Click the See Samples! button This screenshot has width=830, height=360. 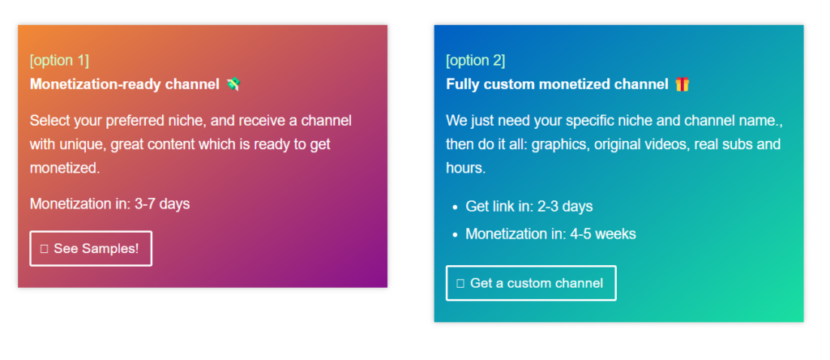[x=91, y=248]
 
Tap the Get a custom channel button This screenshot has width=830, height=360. [x=531, y=283]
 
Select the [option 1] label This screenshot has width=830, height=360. [x=59, y=60]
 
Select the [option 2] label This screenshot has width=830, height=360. [x=475, y=60]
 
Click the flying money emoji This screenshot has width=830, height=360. [x=233, y=84]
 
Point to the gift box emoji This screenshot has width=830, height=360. [x=682, y=84]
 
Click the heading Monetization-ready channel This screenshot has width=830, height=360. [x=124, y=84]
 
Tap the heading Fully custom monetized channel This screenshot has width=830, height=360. [x=557, y=84]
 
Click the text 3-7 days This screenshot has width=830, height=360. [x=162, y=204]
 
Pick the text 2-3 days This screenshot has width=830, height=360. [x=565, y=207]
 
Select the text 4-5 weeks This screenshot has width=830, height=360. [x=603, y=234]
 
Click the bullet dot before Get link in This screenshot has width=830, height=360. [x=456, y=208]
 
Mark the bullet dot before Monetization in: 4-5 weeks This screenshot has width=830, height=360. [x=456, y=235]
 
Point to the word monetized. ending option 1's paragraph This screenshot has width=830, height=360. [x=65, y=169]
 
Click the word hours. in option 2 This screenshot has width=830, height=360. [x=466, y=169]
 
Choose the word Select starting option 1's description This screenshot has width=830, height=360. [x=48, y=121]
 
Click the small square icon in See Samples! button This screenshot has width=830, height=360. [x=44, y=249]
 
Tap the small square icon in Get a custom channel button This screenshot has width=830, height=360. [x=460, y=283]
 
